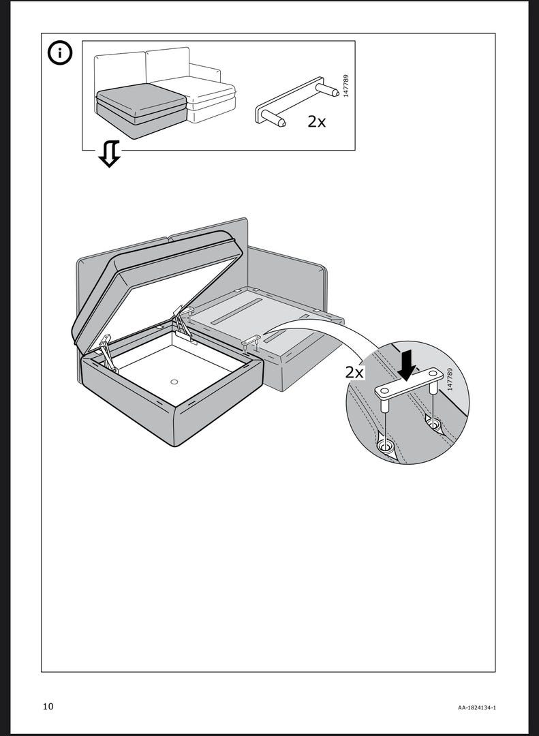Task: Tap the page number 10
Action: tap(48, 706)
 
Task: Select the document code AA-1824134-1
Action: tap(476, 708)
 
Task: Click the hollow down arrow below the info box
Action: tap(109, 154)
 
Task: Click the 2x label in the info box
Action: tap(316, 121)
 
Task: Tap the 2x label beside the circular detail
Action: tap(354, 372)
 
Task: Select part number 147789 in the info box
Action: tap(346, 85)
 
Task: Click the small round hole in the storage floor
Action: tap(174, 382)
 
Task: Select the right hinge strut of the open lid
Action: tap(182, 320)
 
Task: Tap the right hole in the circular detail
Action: tap(433, 424)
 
